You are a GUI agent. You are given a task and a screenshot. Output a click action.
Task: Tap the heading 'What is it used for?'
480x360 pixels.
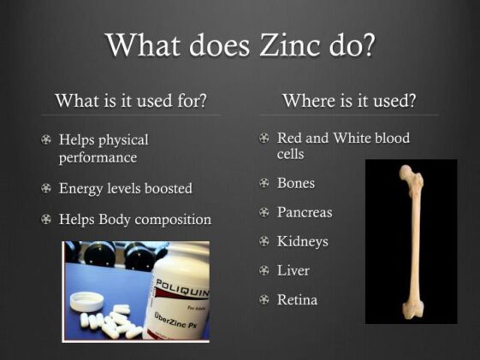coord(131,101)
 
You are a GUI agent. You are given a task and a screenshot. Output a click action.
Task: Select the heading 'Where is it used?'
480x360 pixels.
coord(349,101)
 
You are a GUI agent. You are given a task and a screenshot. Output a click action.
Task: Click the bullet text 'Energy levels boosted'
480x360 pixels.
coord(125,188)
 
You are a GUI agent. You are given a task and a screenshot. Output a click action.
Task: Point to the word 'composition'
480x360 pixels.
coord(175,220)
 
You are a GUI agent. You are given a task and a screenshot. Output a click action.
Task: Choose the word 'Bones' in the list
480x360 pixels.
coord(296,183)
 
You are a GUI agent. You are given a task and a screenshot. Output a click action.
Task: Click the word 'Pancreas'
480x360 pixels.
coord(305,212)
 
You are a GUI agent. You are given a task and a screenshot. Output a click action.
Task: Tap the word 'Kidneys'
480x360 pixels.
coord(302,241)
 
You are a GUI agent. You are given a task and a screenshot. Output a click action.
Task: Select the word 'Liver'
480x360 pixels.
coord(293,270)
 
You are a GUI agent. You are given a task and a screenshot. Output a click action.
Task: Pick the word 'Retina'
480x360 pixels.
coord(297,299)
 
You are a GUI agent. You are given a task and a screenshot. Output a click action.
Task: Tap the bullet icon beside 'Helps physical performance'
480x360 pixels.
coord(46,140)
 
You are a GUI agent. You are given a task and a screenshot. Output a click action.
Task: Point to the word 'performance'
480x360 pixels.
coord(98,158)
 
